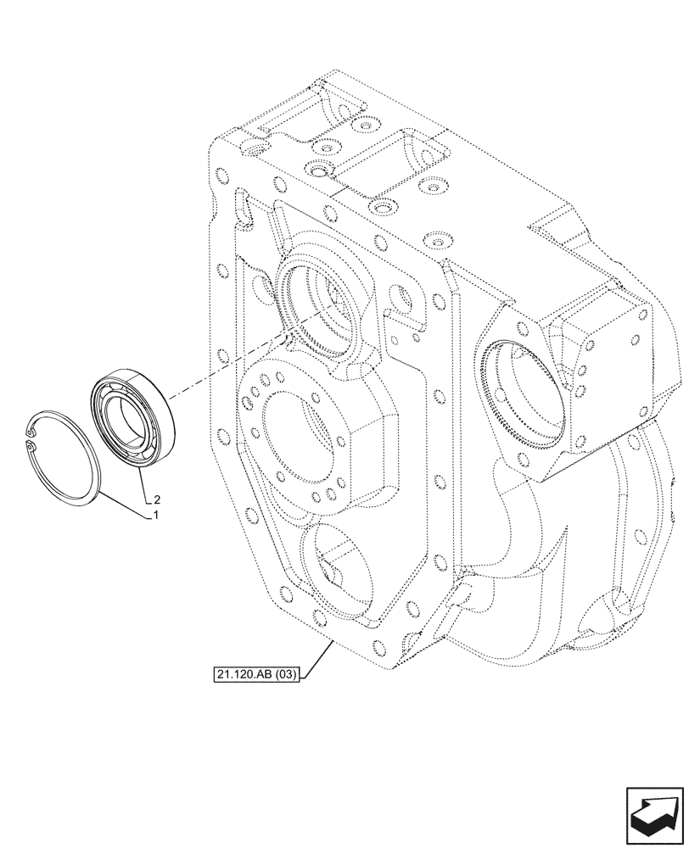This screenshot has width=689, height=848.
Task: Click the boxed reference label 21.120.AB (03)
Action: point(255,675)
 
